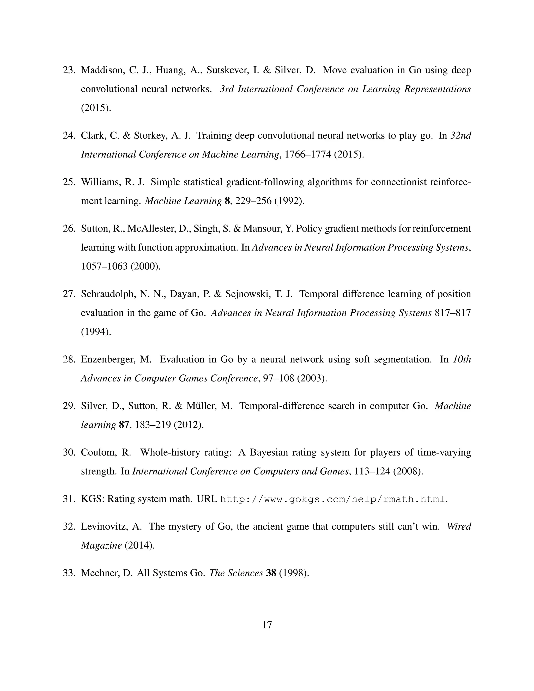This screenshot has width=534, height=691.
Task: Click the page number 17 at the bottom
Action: coord(267,625)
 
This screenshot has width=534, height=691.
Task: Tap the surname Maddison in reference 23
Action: coord(101,70)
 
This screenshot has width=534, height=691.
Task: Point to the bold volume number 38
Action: coord(271,573)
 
